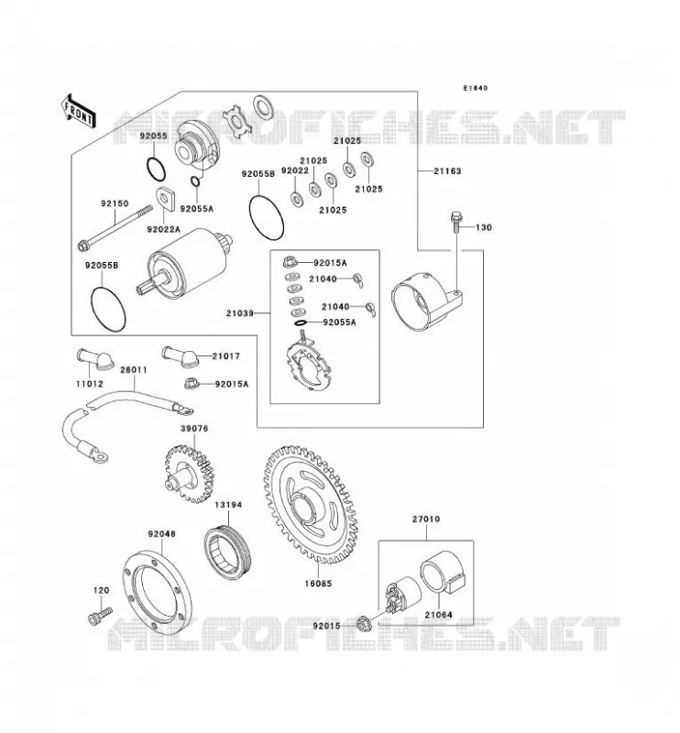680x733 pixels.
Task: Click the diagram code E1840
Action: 475,88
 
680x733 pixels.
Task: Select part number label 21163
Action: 447,171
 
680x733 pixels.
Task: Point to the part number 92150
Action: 115,203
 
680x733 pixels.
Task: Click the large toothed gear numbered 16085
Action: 311,505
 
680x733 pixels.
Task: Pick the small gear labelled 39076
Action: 189,474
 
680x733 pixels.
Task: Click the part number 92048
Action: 162,534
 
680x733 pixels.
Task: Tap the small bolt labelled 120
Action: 100,615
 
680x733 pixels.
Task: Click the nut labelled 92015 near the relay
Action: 364,623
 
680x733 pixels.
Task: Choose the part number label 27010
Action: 426,519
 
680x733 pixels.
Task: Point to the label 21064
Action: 439,615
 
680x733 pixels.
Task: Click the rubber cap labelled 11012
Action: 94,359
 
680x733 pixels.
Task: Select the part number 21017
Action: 225,356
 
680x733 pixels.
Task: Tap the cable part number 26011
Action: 134,370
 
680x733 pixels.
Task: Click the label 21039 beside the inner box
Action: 240,313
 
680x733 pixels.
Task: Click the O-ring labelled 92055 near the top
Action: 156,170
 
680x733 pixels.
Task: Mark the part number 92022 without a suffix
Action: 294,170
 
